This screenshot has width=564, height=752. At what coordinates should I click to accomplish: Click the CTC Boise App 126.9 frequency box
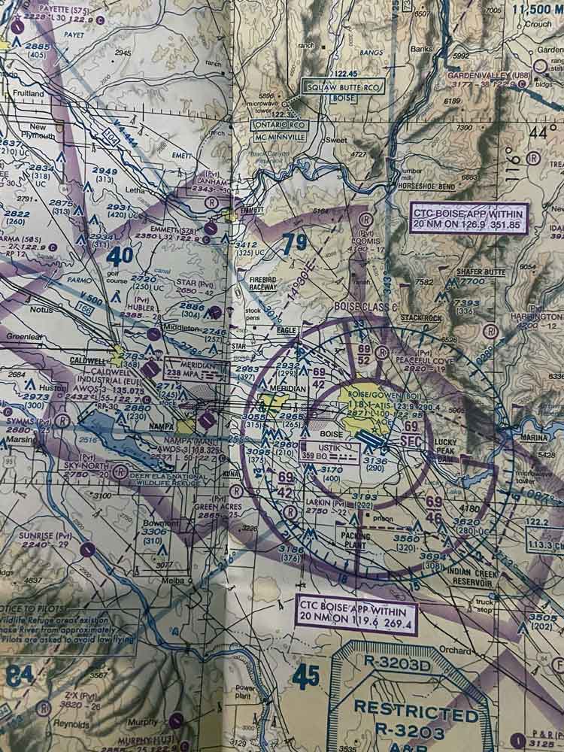469,218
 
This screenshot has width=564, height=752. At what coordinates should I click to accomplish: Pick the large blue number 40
120,256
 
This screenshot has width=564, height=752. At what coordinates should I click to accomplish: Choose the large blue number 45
306,677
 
